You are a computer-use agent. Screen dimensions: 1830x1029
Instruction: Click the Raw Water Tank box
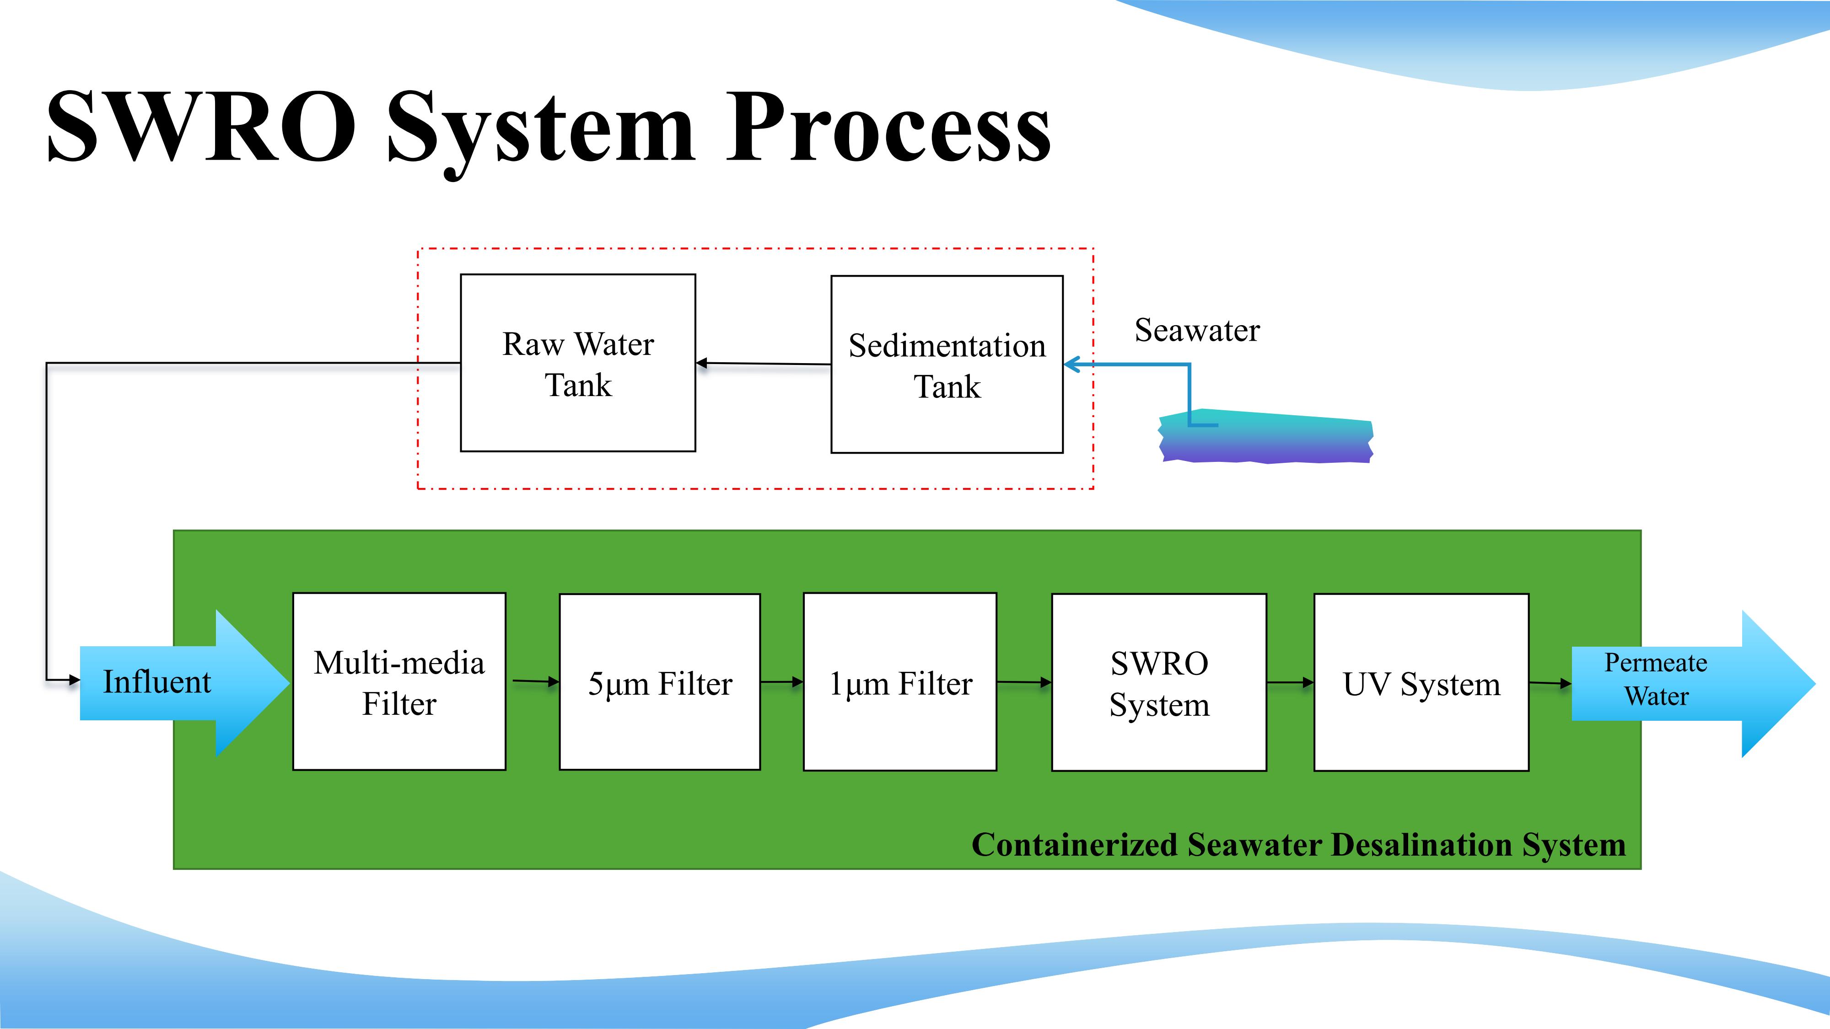tap(577, 363)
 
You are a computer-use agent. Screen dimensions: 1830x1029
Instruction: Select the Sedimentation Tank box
tap(947, 364)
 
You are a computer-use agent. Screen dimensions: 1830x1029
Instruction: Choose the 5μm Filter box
tap(660, 682)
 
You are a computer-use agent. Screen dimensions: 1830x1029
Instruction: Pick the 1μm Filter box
tap(900, 682)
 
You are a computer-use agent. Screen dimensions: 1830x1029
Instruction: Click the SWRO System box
tap(1159, 682)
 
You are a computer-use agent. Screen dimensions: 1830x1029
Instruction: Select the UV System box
tap(1421, 682)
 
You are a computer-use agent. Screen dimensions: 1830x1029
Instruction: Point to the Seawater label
tap(1197, 330)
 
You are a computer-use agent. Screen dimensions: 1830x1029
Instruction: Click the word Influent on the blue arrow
tap(157, 682)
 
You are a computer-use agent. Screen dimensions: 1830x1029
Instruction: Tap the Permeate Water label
tap(1656, 679)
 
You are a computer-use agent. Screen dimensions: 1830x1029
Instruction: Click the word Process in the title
tap(888, 126)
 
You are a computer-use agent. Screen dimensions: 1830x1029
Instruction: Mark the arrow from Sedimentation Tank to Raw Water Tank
tap(764, 364)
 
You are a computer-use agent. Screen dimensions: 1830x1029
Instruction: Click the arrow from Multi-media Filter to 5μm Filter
tap(536, 682)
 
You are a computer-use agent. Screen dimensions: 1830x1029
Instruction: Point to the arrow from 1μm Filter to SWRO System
tap(1024, 682)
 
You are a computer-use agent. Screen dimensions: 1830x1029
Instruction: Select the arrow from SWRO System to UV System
tap(1291, 682)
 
